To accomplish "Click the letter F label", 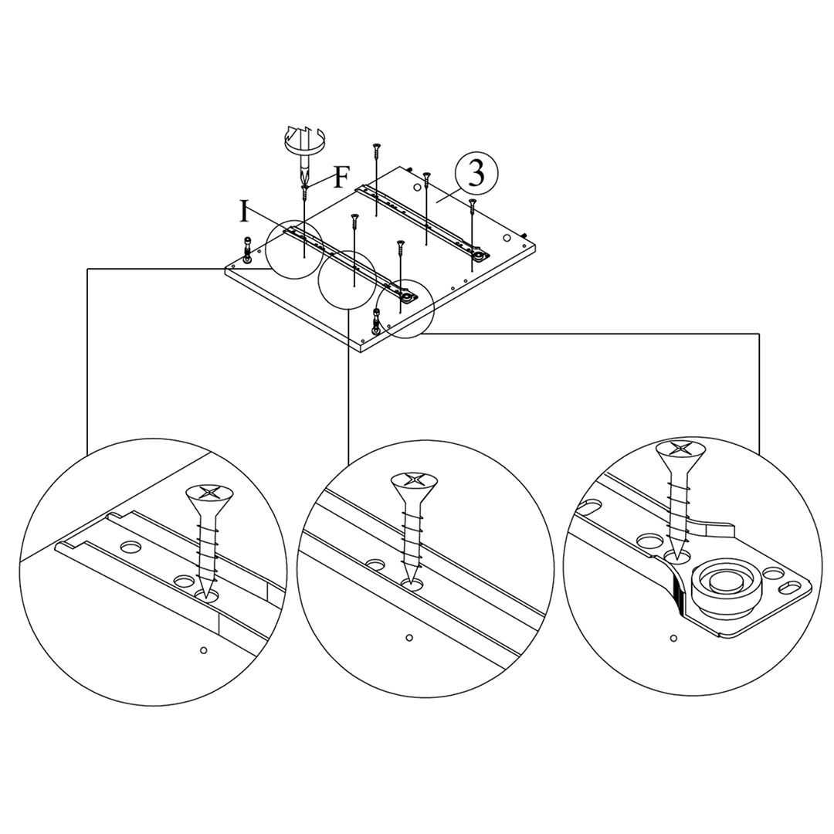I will pos(341,178).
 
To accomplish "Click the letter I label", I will pos(245,211).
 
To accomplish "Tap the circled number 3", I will pos(476,175).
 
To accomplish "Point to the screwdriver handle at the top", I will pos(307,141).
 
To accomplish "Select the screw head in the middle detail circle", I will pos(414,481).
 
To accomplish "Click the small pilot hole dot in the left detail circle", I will pos(203,650).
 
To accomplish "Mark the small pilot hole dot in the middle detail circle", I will pos(409,638).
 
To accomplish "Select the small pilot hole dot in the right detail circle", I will pos(673,638).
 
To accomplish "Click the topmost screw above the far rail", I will pos(377,147).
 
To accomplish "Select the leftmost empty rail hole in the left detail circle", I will pos(131,548).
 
